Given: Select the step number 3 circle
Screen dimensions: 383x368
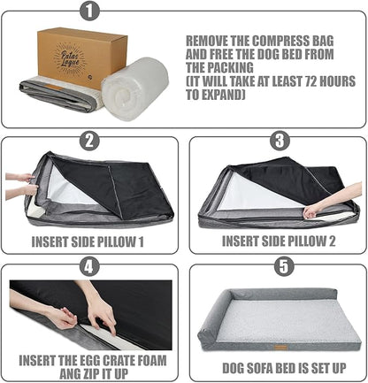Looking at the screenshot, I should coord(278,141).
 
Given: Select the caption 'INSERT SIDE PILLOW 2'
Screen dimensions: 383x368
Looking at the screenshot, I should coord(280,240).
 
